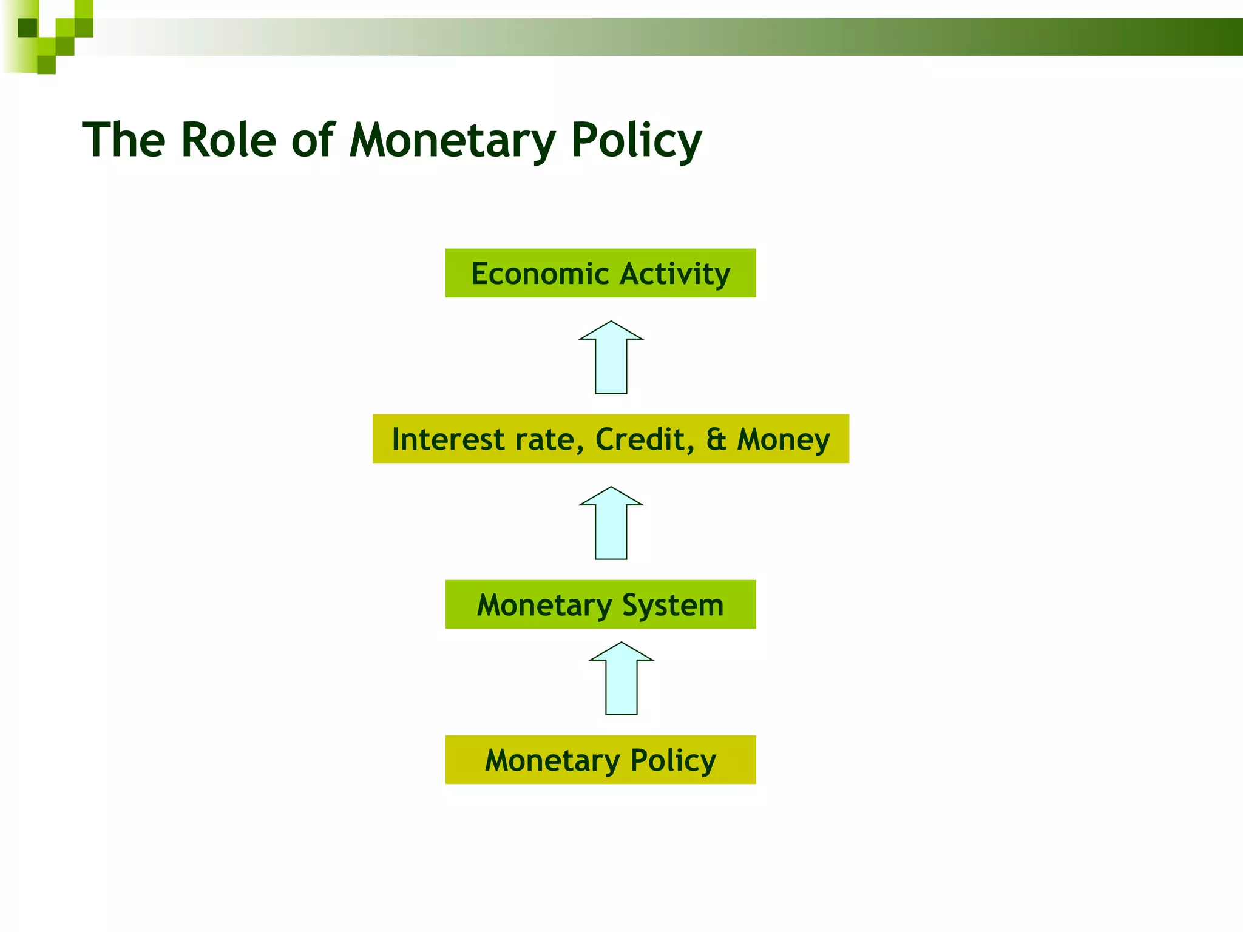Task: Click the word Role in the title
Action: tap(228, 141)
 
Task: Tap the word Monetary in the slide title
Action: tap(452, 141)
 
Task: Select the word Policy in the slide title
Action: tap(635, 141)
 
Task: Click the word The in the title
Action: tap(124, 141)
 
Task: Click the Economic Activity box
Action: tap(600, 273)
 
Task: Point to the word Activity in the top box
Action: tap(675, 274)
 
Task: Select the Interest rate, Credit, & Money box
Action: tap(611, 439)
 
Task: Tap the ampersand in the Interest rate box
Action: tap(716, 439)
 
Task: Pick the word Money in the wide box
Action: tap(783, 441)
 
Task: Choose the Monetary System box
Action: tap(600, 604)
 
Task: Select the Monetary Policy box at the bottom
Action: tap(600, 760)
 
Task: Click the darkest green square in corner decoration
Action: tap(27, 28)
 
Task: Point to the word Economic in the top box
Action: tap(540, 274)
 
